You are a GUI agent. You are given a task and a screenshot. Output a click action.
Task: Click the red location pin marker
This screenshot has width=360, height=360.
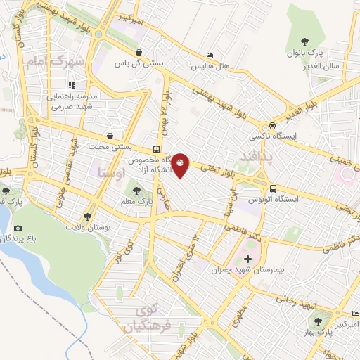181,165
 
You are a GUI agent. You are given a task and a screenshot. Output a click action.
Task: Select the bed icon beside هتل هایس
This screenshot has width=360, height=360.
210,56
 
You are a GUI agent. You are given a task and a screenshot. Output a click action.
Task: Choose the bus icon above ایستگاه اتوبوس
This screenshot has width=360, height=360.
272,188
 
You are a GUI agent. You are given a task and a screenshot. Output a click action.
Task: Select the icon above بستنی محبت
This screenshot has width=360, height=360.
110,136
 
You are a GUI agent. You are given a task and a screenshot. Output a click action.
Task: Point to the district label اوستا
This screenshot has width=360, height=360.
113,172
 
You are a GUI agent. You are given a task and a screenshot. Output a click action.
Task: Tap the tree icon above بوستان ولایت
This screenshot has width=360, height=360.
87,217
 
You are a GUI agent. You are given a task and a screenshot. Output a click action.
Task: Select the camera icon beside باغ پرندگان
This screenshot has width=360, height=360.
18,229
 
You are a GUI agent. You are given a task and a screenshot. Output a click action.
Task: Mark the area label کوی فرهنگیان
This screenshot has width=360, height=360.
147,319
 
